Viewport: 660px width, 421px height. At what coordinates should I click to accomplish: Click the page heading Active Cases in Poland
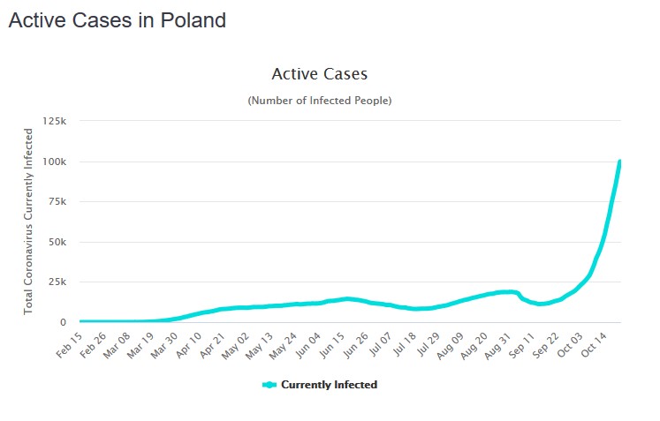coord(117,20)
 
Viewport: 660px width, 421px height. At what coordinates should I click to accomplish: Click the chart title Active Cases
coord(319,74)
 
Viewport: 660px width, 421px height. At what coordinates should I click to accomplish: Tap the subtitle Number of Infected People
coord(319,101)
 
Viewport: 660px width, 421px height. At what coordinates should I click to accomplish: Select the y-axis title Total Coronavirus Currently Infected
coord(28,221)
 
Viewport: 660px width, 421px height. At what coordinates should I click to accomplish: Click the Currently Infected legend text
coord(329,385)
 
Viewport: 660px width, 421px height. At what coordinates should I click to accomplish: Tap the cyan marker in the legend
coord(269,385)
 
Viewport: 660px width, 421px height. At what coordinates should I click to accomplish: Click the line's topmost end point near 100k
coord(620,162)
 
